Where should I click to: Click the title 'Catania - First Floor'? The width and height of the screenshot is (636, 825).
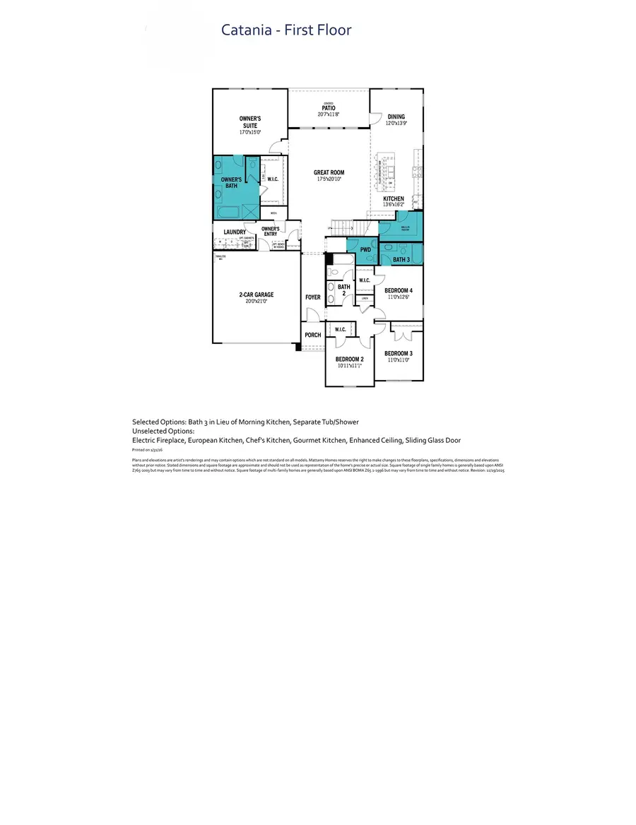click(x=286, y=30)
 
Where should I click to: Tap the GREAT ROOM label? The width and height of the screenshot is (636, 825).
click(x=329, y=172)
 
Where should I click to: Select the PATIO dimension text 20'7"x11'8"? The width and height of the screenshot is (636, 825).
click(x=328, y=114)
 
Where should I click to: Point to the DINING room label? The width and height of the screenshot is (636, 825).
click(x=396, y=117)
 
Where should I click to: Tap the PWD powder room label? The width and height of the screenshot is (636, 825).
click(x=365, y=249)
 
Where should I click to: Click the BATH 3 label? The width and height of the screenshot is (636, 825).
click(x=401, y=260)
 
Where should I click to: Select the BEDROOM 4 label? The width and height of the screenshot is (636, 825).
click(x=399, y=290)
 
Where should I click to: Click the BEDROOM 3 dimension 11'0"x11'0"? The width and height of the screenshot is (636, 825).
click(x=399, y=360)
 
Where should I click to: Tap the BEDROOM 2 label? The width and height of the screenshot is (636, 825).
click(x=349, y=359)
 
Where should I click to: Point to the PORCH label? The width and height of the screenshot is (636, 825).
click(x=312, y=335)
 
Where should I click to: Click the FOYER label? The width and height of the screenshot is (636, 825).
click(x=313, y=297)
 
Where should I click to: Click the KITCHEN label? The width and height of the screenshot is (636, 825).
click(x=394, y=199)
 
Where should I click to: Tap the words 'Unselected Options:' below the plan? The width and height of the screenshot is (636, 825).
click(x=163, y=431)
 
